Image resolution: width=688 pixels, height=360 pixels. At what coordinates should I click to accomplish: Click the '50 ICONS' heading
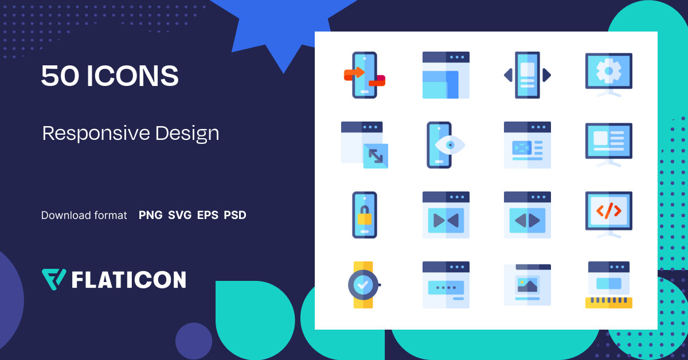110,76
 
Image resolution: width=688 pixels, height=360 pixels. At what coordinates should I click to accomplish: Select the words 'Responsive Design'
131,133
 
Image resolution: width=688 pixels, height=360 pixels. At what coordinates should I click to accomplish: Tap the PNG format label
151,216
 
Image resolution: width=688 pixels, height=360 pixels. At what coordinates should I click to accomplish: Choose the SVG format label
179,216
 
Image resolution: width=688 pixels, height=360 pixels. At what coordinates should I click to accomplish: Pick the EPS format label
208,216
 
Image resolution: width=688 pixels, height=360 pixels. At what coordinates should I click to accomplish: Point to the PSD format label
235,216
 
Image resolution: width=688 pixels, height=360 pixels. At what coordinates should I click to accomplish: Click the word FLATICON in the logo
128,280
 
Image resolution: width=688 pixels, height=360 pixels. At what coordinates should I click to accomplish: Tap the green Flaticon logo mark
54,279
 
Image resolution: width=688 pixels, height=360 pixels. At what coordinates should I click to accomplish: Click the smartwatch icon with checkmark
364,285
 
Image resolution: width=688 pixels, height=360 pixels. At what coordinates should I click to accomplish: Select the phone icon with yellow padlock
364,215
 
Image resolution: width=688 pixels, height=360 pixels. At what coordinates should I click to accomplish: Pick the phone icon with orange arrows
364,75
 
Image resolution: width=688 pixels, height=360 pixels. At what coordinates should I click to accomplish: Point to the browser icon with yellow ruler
608,285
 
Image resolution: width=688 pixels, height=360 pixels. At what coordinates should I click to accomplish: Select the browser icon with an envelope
527,145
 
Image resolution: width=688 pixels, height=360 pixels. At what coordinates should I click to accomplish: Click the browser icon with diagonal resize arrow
365,145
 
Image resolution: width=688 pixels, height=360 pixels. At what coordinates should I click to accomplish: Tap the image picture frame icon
527,285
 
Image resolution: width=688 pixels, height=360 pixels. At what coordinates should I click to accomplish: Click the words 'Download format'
84,216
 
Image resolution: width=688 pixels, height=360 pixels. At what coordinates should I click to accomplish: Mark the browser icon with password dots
445,285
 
